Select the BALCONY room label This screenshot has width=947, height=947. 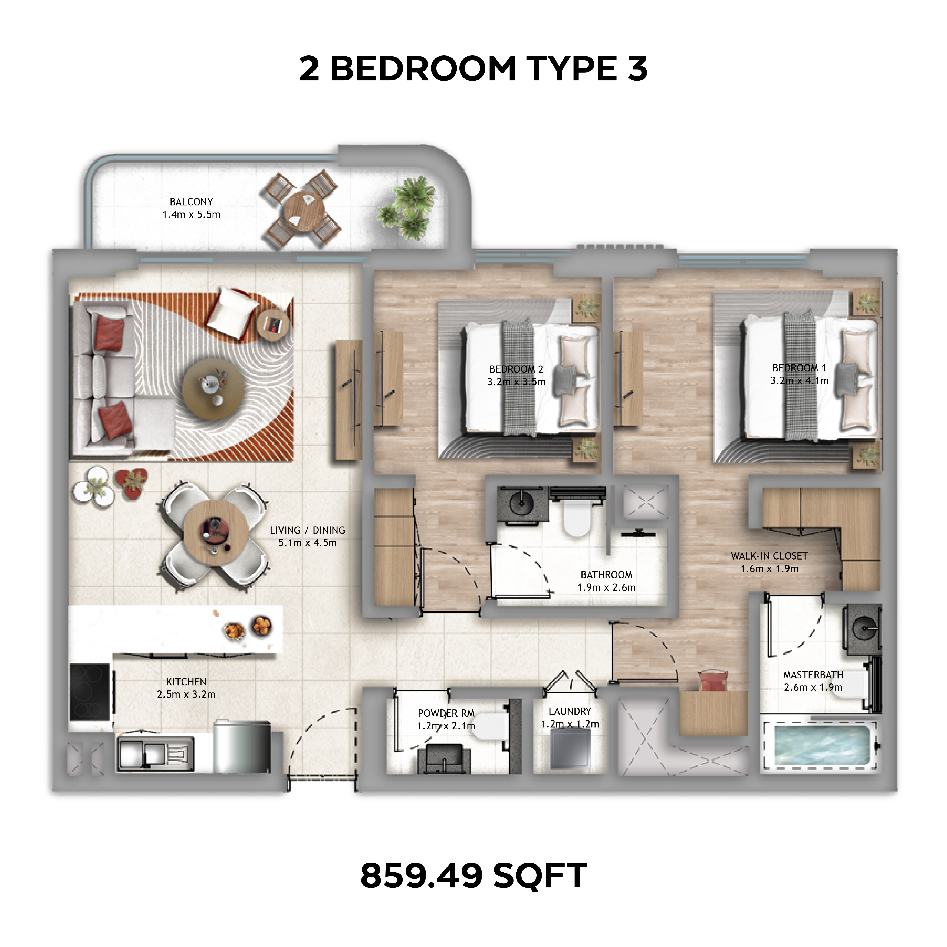(x=191, y=202)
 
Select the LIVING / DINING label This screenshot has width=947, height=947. (x=307, y=530)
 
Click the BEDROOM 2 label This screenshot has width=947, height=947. (x=516, y=369)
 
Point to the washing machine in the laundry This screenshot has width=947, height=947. (x=570, y=749)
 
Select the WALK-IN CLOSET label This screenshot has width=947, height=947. (x=769, y=556)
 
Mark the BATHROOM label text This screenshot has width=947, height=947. (x=606, y=574)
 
